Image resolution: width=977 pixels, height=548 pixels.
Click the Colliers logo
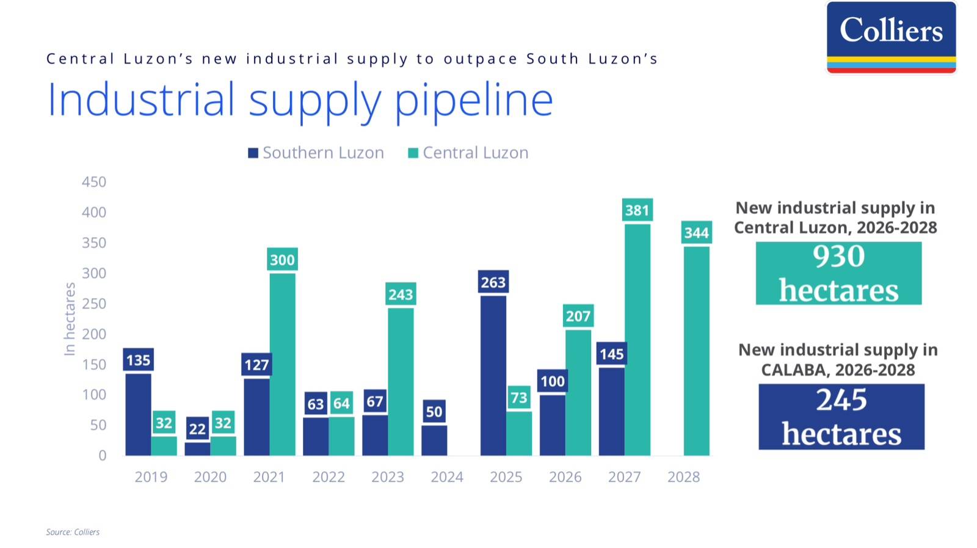coord(891,37)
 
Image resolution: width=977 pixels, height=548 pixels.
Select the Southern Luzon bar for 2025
coord(493,376)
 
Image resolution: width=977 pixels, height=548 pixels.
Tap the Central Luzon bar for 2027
coord(637,340)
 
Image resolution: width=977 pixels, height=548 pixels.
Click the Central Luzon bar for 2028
coord(696,351)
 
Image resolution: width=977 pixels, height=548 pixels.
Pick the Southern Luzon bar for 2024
coord(434,440)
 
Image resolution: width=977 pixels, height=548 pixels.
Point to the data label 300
coord(282,260)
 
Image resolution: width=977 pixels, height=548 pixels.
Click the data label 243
coord(401,295)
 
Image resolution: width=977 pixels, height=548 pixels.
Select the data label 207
coord(578,316)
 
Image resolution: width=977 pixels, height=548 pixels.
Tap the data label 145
coord(611,354)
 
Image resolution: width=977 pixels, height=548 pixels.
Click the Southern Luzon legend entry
coord(316,153)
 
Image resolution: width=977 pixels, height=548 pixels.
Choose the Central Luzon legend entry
coord(468,153)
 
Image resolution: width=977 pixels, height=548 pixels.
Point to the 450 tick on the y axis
coord(94,182)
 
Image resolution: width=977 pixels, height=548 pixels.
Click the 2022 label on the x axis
coord(329,477)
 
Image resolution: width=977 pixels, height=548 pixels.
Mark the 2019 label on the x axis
coord(151,477)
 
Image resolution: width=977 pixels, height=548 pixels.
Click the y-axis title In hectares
coord(70,319)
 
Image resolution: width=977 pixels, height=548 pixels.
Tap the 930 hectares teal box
coord(838,273)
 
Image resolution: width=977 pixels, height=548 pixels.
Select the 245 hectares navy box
coord(841,417)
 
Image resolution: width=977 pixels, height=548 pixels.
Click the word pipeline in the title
coord(474,100)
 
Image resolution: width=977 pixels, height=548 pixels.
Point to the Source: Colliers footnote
coord(73,532)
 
